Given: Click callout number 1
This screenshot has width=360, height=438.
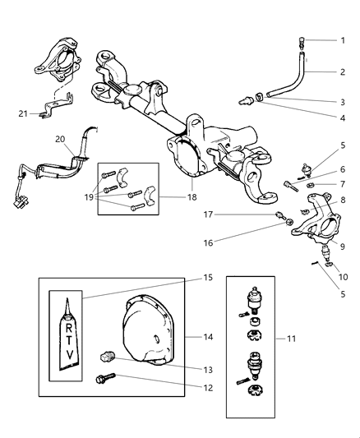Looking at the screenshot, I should pos(344,40).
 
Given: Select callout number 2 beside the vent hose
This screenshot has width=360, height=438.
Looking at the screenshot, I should pos(344,71).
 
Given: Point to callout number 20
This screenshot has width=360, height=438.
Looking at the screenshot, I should pos(60,141).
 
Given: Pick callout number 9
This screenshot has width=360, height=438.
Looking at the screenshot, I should pos(344,246).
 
